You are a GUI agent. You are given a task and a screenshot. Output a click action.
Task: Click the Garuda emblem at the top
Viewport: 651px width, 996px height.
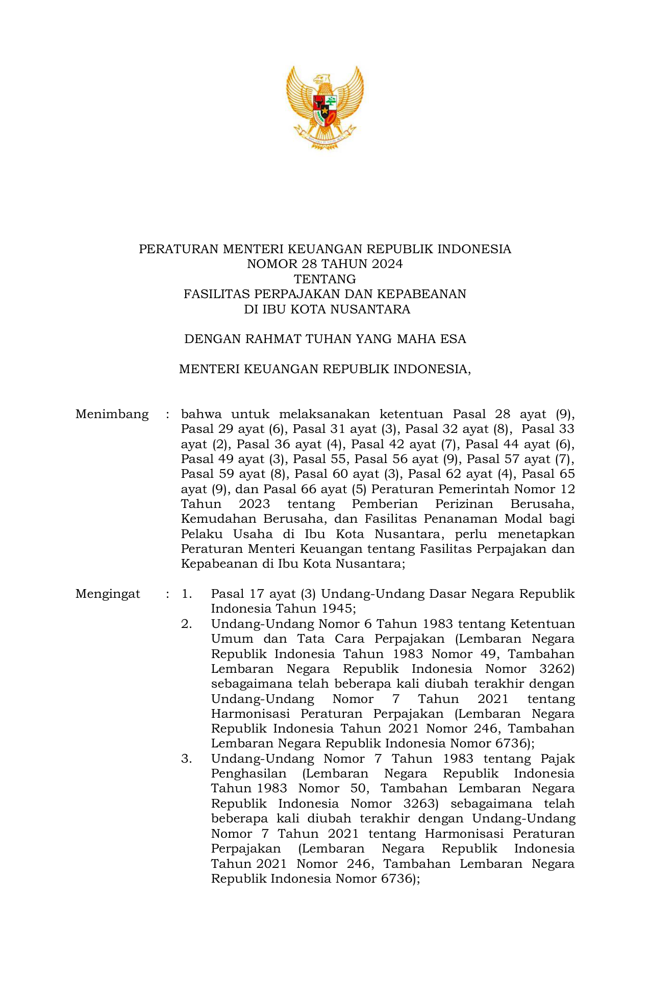[325, 107]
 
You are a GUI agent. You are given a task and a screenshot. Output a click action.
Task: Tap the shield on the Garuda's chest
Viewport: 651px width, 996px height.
[325, 110]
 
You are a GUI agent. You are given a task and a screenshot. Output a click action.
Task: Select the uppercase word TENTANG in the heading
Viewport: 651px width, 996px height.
[325, 279]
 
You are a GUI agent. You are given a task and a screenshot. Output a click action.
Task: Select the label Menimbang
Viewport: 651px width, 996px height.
[112, 414]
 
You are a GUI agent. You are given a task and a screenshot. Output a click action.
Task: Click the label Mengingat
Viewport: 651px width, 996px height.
[108, 594]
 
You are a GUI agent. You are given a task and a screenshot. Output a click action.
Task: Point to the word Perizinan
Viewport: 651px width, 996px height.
[465, 504]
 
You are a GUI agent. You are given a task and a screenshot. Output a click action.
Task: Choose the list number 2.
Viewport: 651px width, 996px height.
[186, 624]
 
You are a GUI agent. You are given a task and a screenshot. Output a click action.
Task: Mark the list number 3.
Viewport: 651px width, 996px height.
[186, 759]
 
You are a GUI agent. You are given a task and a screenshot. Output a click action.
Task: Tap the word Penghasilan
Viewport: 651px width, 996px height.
[248, 774]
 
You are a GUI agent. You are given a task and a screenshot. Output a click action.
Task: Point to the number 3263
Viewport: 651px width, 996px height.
[420, 804]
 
